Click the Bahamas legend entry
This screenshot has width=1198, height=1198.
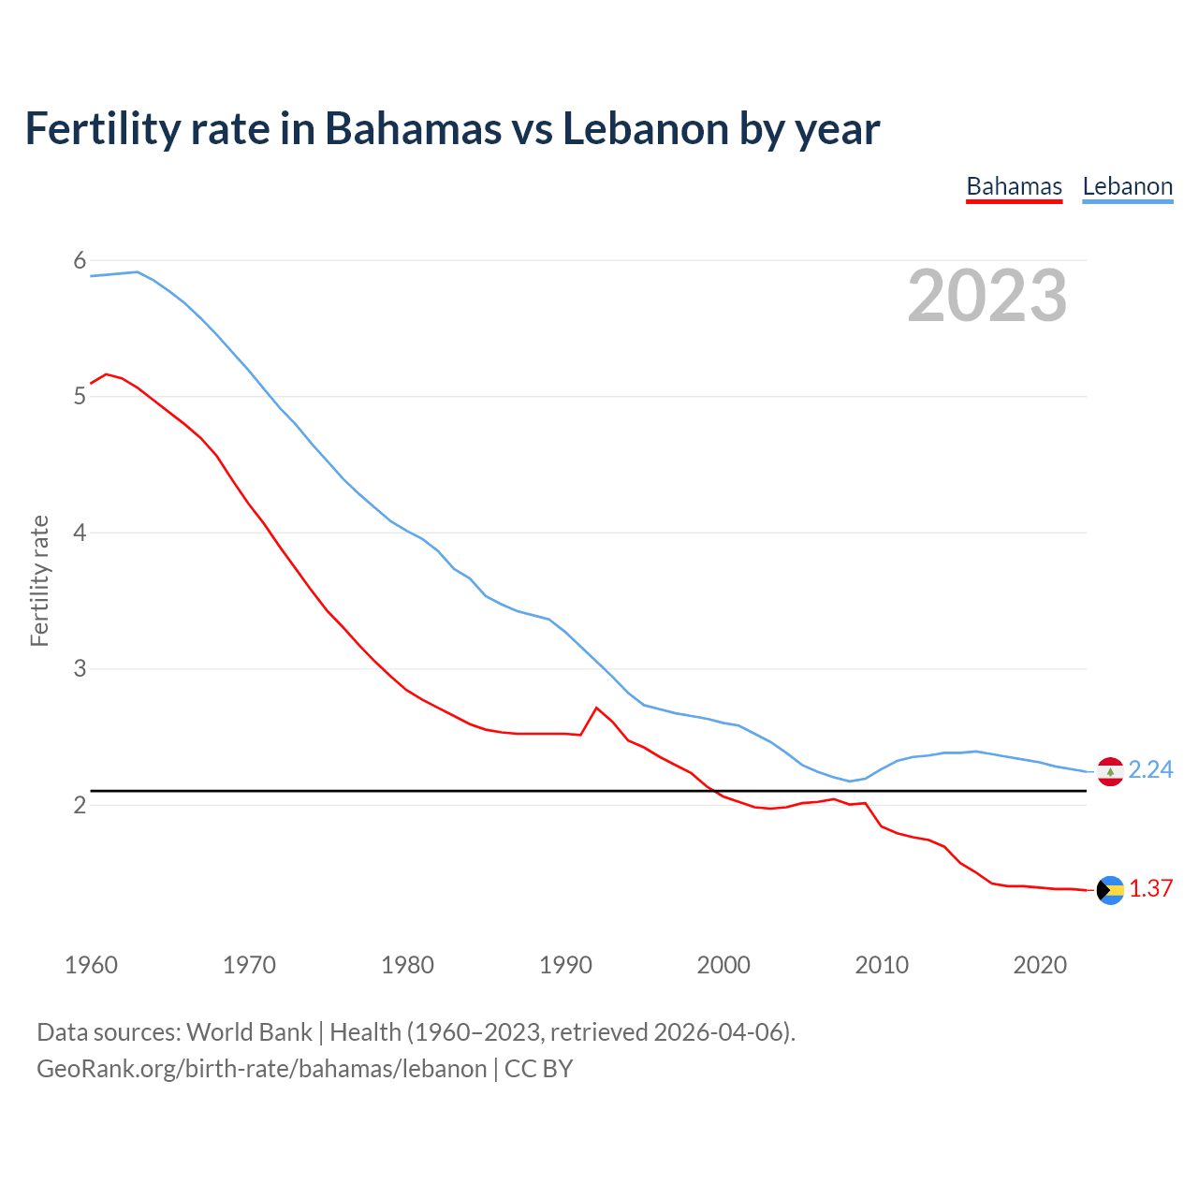[x=1014, y=187]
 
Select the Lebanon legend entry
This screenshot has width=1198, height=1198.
[x=1127, y=187]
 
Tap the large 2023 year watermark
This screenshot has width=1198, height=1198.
[x=986, y=296]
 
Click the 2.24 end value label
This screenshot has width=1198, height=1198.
[x=1150, y=769]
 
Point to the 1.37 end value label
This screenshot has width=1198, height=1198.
[x=1150, y=888]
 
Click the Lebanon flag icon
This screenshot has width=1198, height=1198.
[x=1110, y=771]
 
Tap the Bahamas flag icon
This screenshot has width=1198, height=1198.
[x=1110, y=890]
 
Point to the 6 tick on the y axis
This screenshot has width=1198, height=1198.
[x=80, y=260]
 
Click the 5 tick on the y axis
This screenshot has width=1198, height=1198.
[x=80, y=396]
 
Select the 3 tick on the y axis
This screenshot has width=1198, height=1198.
[x=80, y=668]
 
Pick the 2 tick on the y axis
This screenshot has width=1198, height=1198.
[x=80, y=805]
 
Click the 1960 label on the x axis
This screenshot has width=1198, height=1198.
[x=91, y=965]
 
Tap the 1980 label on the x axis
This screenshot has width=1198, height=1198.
[x=407, y=965]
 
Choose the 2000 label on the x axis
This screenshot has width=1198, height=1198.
[x=723, y=965]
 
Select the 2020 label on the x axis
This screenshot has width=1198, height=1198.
[x=1040, y=965]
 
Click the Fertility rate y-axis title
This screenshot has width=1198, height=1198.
[x=39, y=580]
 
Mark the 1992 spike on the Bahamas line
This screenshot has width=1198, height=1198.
[x=596, y=708]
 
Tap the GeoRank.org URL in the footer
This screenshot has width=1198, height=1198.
[x=261, y=1069]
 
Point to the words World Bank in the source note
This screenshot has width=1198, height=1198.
[x=249, y=1032]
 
